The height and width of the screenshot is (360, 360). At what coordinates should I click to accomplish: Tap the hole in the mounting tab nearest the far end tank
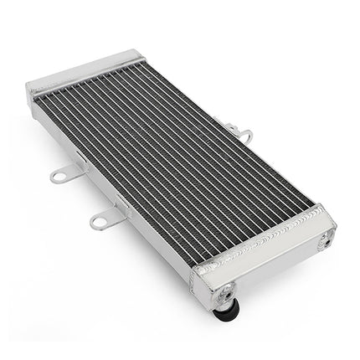click(x=58, y=176)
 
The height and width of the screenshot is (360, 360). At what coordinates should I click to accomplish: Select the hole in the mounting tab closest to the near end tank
click(x=99, y=222)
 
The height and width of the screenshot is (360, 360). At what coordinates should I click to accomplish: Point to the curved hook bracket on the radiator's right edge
click(x=244, y=134)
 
